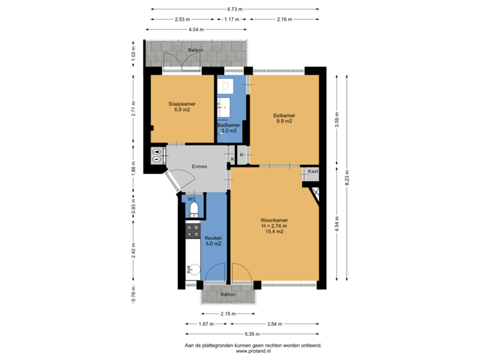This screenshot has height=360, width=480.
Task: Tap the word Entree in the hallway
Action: (x=199, y=166)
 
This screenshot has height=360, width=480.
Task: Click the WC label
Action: (x=191, y=199)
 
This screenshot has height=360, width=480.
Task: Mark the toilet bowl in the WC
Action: (x=193, y=211)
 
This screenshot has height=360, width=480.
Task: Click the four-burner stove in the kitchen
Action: (x=193, y=231)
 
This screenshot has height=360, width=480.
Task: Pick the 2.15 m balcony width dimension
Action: (x=227, y=313)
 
